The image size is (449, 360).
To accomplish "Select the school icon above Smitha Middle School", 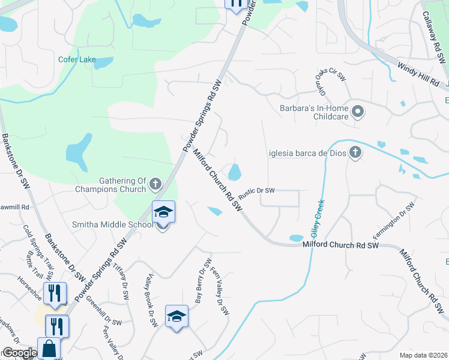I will click(x=163, y=212).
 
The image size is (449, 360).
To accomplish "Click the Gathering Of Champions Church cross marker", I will click(x=155, y=183).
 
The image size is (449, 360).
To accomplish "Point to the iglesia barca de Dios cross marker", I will click(x=355, y=152).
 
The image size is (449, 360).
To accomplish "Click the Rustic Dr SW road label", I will click(x=256, y=191).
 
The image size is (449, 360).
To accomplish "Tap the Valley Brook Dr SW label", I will click(x=151, y=301).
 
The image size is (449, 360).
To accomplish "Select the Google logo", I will click(x=20, y=353).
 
